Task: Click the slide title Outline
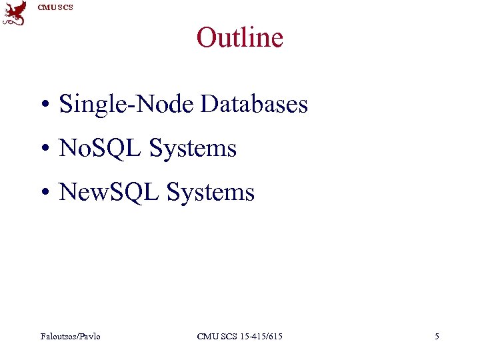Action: coord(240,37)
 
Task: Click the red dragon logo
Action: coord(15,13)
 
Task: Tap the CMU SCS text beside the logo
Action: coord(55,7)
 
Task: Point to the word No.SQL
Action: coord(101,148)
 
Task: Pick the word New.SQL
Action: coord(110,192)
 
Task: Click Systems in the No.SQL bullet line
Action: coord(193,148)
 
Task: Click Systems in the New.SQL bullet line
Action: coord(211,192)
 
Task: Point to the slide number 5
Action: coord(437,337)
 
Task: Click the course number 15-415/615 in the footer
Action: coord(259,337)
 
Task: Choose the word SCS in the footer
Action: coord(227,337)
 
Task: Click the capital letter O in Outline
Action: coord(206,37)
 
